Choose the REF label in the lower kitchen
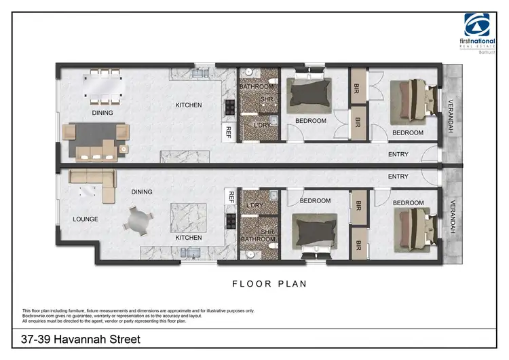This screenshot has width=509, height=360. pyautogui.click(x=231, y=197)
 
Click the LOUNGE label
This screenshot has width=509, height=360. pyautogui.click(x=86, y=219)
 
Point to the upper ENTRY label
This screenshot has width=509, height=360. pyautogui.click(x=398, y=155)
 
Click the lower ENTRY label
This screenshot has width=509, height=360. pyautogui.click(x=398, y=177)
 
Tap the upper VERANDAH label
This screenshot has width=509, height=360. pyautogui.click(x=451, y=117)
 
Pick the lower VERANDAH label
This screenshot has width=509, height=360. pyautogui.click(x=451, y=217)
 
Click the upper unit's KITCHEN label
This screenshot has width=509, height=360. pyautogui.click(x=189, y=105)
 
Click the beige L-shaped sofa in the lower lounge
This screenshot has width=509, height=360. pyautogui.click(x=102, y=186)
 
